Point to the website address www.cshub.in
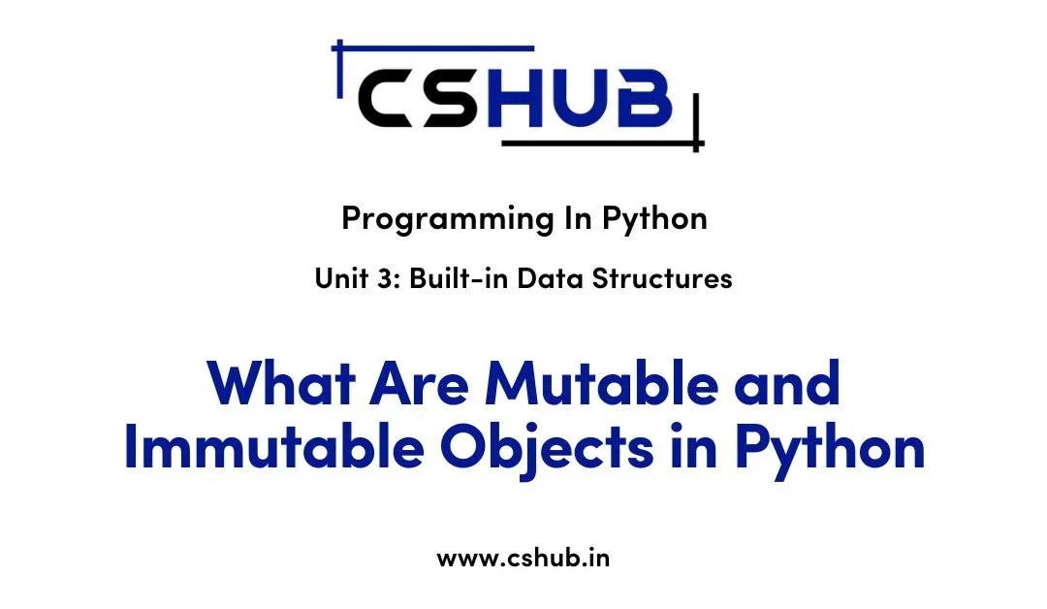(x=523, y=559)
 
